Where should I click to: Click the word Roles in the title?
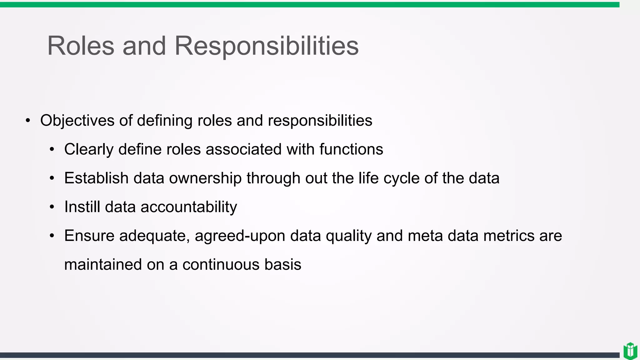pos(81,46)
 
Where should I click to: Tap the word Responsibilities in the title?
pos(266,46)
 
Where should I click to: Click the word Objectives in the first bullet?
pos(77,121)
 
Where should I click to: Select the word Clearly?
pos(88,149)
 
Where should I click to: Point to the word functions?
pos(351,149)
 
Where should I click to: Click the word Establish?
pos(96,178)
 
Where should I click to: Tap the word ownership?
pos(205,178)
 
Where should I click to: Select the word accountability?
pos(189,207)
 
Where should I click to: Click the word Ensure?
pos(89,236)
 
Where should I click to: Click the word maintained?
pos(103,264)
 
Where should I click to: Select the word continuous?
pos(221,264)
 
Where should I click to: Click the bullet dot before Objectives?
pos(28,121)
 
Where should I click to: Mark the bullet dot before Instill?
pos(52,207)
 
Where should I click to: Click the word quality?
pos(348,236)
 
